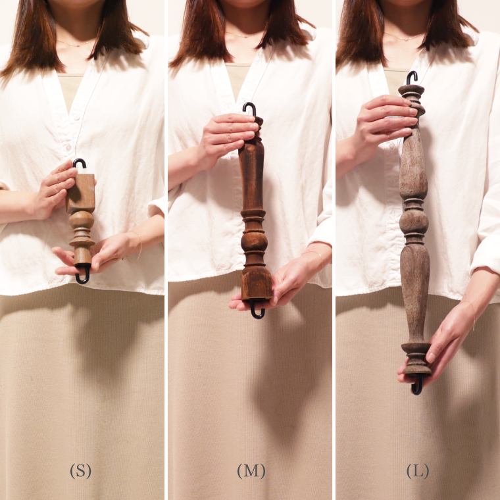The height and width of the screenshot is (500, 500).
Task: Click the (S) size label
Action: [x=80, y=471]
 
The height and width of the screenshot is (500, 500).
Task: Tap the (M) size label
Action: [x=251, y=471]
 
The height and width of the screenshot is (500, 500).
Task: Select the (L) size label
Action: [x=417, y=471]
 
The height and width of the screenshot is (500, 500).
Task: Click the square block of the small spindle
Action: [x=81, y=193]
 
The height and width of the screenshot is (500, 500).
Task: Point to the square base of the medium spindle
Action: [x=257, y=283]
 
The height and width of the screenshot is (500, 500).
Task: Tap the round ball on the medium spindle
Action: [x=254, y=240]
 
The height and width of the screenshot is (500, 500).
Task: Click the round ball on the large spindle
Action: [x=414, y=221]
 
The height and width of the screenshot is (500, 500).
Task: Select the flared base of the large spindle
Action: [x=416, y=359]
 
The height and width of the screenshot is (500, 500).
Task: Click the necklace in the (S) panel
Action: [x=76, y=44]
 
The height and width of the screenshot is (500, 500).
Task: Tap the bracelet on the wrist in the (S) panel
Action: [x=136, y=247]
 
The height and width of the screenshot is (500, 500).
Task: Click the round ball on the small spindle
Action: [x=82, y=220]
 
